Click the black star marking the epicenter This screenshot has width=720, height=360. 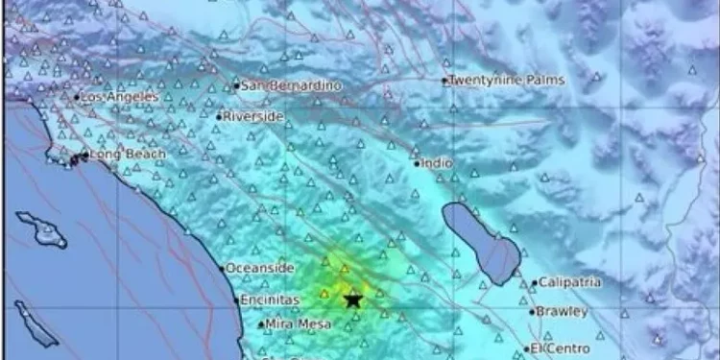[x=353, y=300]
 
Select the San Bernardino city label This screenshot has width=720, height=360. [x=277, y=86]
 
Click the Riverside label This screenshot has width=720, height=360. [x=253, y=117]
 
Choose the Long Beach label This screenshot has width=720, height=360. [x=128, y=155]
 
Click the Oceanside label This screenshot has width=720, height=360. [x=259, y=269]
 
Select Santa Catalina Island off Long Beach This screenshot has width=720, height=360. [x=41, y=230]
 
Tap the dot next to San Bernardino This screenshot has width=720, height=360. [x=236, y=86]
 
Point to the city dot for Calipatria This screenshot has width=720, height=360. [x=535, y=283]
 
